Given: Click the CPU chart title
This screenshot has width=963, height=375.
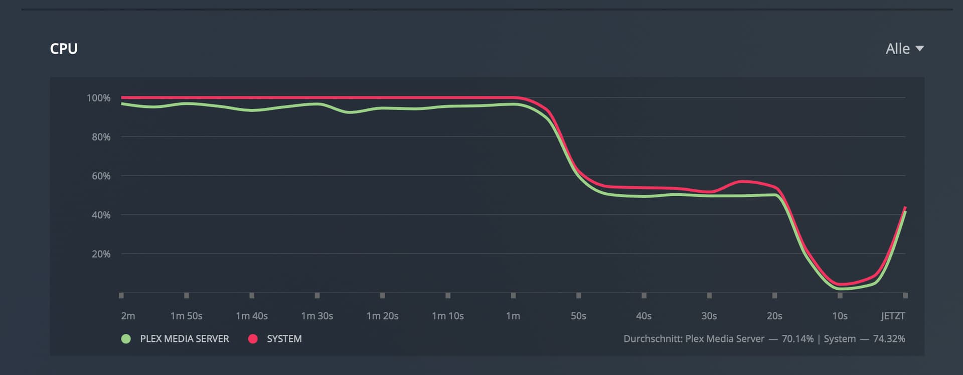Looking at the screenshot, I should pyautogui.click(x=64, y=49).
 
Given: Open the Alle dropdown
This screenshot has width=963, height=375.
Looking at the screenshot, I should pyautogui.click(x=904, y=49).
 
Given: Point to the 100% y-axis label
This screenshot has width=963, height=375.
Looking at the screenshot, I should pyautogui.click(x=98, y=98).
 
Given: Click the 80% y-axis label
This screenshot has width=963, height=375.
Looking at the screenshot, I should pyautogui.click(x=101, y=137).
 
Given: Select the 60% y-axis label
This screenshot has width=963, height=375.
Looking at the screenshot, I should pyautogui.click(x=101, y=176).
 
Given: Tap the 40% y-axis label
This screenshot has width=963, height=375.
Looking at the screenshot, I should pyautogui.click(x=101, y=215).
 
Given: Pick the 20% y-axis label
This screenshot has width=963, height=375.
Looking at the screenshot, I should pyautogui.click(x=101, y=254).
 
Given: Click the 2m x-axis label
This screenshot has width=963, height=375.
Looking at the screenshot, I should pyautogui.click(x=128, y=316).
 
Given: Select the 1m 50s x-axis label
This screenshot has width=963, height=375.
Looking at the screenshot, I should pyautogui.click(x=186, y=316).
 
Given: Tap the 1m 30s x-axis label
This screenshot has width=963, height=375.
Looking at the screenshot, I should pyautogui.click(x=317, y=316).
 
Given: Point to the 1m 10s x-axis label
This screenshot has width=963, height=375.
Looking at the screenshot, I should pyautogui.click(x=447, y=316).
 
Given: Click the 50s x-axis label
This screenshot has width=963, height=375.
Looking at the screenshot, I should pyautogui.click(x=578, y=316).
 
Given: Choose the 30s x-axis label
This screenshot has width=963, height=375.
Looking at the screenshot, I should pyautogui.click(x=709, y=316).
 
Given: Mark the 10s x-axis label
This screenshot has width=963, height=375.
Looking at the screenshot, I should pyautogui.click(x=840, y=316).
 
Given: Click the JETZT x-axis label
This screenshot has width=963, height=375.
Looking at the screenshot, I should pyautogui.click(x=893, y=316).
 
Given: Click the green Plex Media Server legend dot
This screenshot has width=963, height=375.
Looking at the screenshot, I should pyautogui.click(x=126, y=339).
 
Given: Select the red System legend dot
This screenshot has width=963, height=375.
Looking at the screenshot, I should pyautogui.click(x=253, y=339).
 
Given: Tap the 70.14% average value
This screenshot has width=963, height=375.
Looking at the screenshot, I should pyautogui.click(x=797, y=339).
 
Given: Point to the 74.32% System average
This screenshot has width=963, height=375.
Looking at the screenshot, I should pyautogui.click(x=889, y=339).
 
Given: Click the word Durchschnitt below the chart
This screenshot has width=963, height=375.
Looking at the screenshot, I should pyautogui.click(x=652, y=339).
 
